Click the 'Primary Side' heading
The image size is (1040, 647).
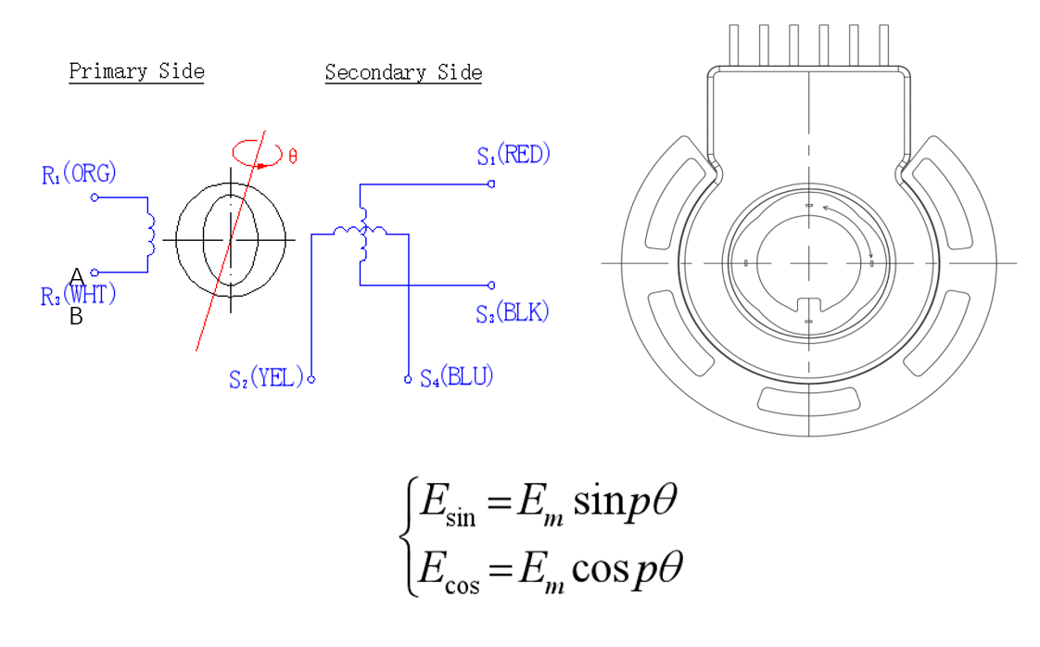136,71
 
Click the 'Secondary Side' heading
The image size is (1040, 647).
403,72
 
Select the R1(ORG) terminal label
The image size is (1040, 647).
79,174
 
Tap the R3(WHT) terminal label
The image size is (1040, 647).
79,296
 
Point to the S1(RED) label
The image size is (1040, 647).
514,155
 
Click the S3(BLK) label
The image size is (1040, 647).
512,312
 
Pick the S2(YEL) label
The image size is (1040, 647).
266,378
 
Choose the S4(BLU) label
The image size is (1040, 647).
457,377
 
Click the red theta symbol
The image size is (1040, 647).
293,157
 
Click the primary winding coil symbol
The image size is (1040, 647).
151,235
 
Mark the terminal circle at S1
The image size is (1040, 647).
491,184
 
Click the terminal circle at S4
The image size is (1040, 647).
408,379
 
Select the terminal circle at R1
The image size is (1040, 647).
95,197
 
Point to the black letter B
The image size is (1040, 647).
76,317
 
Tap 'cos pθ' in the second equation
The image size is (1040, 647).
627,569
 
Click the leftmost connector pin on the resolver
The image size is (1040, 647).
734,45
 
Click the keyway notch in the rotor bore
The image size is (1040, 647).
809,305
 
